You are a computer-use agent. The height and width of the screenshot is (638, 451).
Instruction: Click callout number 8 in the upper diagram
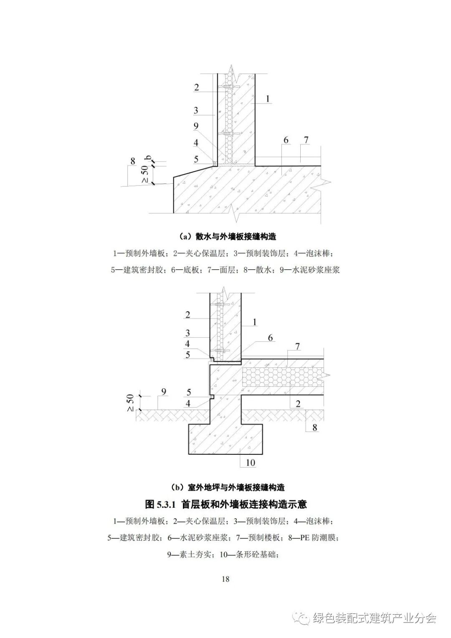click(133, 161)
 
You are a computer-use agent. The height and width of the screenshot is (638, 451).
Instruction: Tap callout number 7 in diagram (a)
click(306, 140)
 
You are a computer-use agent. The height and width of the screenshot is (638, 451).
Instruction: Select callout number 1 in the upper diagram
click(268, 99)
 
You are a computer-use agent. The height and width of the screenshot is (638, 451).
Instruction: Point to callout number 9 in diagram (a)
click(196, 126)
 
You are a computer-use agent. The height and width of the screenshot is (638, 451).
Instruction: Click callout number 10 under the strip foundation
click(250, 462)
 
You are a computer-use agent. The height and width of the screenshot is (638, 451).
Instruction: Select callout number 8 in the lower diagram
click(314, 427)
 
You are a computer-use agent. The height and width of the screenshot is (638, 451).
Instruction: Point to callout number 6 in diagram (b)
click(270, 337)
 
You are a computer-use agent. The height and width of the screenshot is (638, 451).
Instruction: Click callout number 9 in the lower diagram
click(164, 391)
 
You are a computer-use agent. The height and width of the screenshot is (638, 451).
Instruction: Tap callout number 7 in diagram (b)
click(297, 346)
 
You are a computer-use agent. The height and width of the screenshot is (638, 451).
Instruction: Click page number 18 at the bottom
click(225, 579)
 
